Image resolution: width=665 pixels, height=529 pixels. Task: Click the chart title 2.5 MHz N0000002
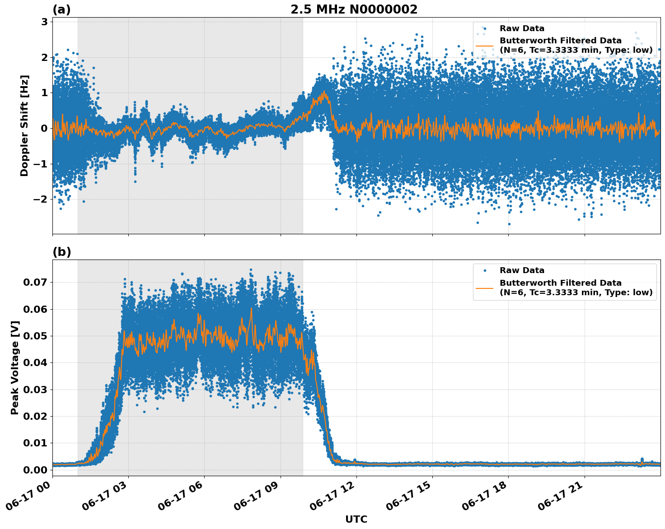point(354,9)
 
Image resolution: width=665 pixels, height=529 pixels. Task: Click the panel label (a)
point(61,9)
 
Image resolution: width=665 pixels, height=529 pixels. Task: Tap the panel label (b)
point(61,252)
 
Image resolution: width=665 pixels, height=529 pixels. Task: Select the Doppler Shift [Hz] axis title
point(24,125)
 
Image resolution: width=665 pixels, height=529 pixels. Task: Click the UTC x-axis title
point(356,520)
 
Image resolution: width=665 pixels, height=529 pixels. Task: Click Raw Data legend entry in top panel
point(521,28)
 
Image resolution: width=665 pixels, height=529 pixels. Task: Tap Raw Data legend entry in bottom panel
point(521,270)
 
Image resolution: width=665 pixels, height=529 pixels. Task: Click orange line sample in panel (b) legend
point(484,288)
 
